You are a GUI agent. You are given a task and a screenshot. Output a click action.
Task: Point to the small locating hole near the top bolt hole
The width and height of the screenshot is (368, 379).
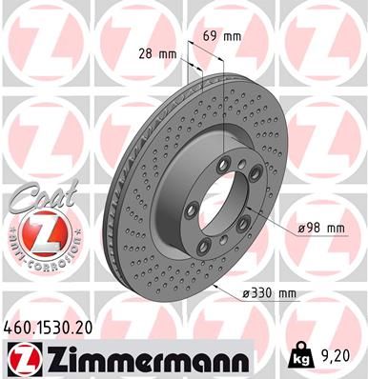point(242,170)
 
